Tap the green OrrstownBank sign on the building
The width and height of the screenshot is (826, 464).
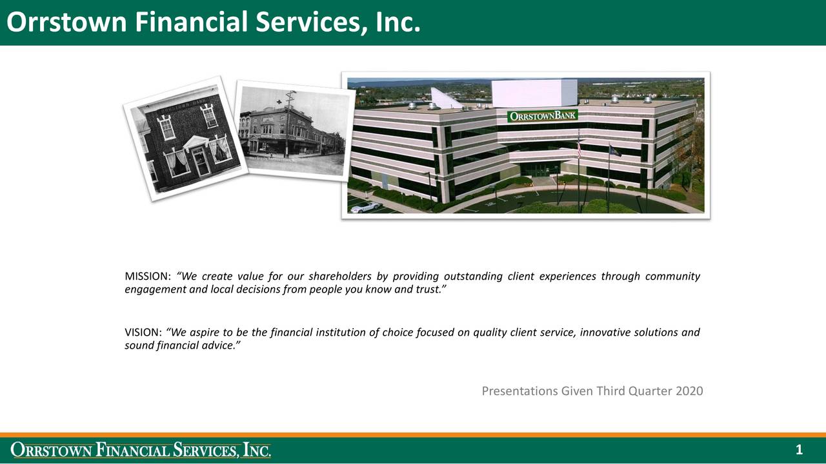tap(542, 116)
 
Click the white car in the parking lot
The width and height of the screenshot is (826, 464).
tap(365, 207)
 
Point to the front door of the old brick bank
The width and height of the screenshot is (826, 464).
tap(201, 162)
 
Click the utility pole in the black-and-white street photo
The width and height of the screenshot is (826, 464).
tap(288, 123)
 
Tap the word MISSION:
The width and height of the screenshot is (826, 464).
tap(148, 276)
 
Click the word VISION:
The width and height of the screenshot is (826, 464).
tap(143, 333)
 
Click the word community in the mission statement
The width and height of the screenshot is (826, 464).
tap(673, 276)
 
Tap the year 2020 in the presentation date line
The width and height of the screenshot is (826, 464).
tap(689, 391)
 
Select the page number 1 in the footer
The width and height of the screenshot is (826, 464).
tap(799, 450)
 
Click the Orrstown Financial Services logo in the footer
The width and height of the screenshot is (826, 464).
tap(141, 450)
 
